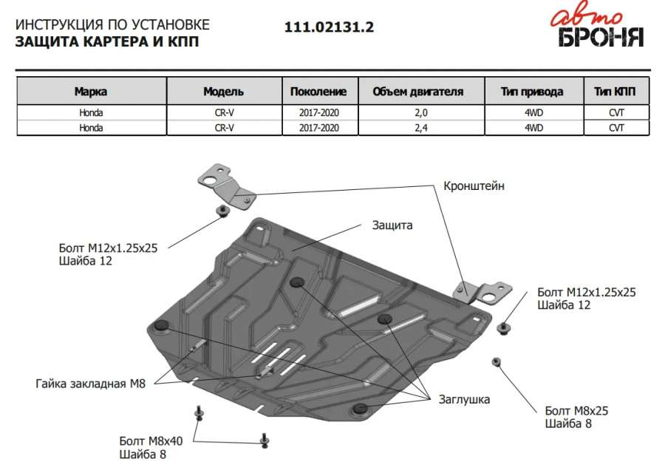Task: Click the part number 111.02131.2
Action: pyautogui.click(x=330, y=27)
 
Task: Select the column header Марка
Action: pyautogui.click(x=90, y=92)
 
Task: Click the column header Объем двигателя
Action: pyautogui.click(x=417, y=92)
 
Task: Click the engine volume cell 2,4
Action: pyautogui.click(x=418, y=127)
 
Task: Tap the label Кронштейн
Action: pyautogui.click(x=474, y=186)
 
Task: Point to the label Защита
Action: pyautogui.click(x=393, y=225)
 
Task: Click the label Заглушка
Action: pyautogui.click(x=463, y=399)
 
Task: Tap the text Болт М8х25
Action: pyautogui.click(x=576, y=410)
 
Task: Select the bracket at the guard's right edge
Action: pyautogui.click(x=482, y=292)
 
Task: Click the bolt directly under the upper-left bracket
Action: pyautogui.click(x=222, y=213)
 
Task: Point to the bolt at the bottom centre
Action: pyautogui.click(x=264, y=440)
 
